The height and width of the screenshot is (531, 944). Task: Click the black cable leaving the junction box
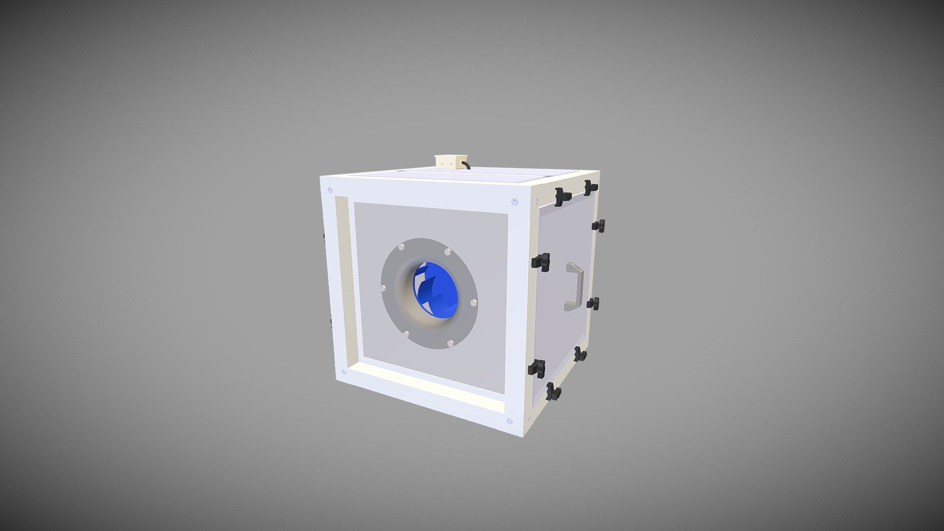tap(466, 166)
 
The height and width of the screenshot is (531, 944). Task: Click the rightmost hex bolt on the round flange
tap(473, 302)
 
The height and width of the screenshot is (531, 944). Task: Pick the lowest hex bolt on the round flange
tap(450, 342)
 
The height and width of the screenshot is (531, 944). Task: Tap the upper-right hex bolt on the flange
tap(447, 252)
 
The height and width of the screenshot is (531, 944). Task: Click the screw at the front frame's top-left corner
tap(330, 190)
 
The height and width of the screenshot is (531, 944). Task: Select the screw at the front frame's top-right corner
tap(514, 202)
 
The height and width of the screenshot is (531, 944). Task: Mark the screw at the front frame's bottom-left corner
tap(343, 372)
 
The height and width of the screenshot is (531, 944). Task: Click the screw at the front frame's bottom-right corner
tap(509, 421)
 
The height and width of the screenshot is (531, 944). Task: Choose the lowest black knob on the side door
tap(553, 391)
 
